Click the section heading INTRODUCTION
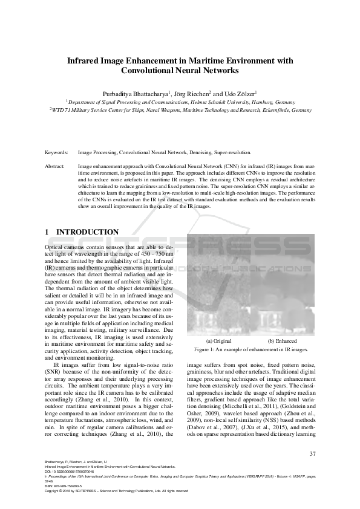tap(87, 232)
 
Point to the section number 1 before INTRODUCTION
tap(48, 232)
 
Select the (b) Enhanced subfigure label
tap(282, 342)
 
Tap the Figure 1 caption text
tap(250, 350)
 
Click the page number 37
tap(312, 454)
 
